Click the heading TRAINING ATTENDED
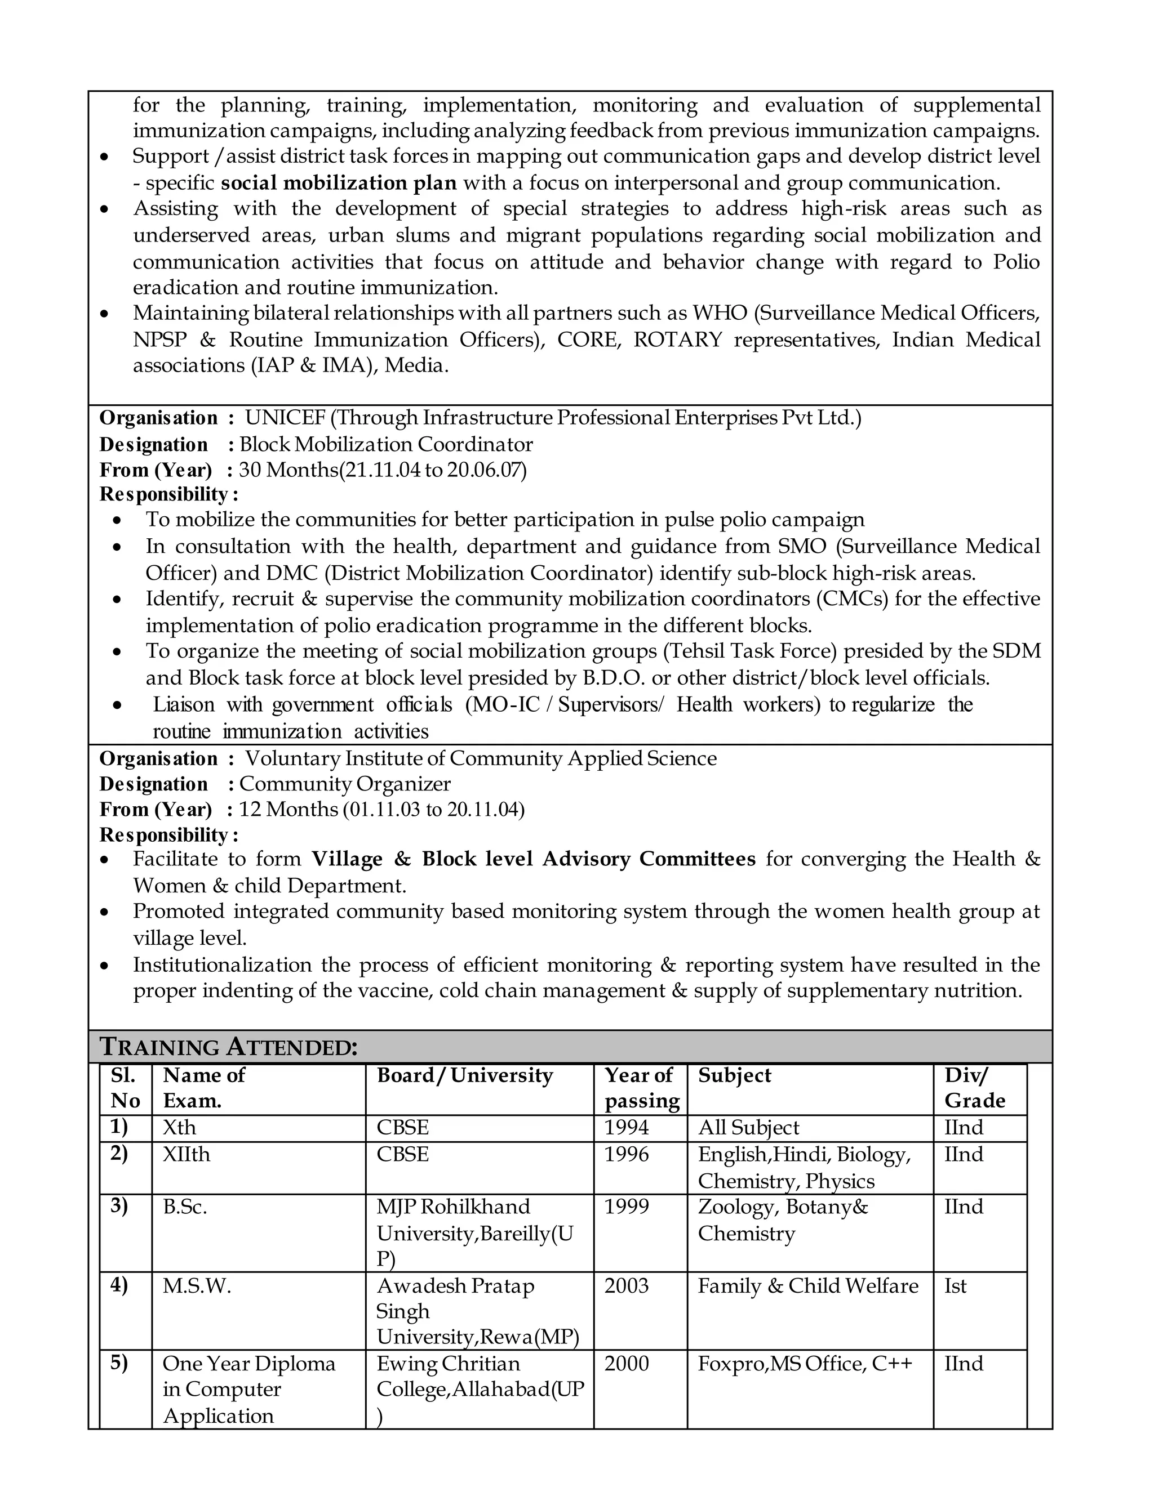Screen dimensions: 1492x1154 (x=228, y=1047)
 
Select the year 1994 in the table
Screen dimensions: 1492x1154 (x=626, y=1128)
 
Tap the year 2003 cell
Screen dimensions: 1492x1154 (x=626, y=1286)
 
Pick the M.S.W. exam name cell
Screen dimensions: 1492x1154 (x=197, y=1286)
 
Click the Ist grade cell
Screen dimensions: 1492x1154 (x=955, y=1286)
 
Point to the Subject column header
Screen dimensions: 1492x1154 (x=734, y=1075)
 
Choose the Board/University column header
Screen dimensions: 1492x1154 (x=464, y=1075)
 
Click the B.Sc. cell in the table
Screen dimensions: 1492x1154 (x=185, y=1207)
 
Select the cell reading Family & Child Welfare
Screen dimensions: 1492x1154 (x=807, y=1286)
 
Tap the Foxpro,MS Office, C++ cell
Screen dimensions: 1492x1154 (x=805, y=1364)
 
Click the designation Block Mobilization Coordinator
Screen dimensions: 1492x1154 (x=385, y=445)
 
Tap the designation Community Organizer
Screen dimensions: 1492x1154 (x=344, y=784)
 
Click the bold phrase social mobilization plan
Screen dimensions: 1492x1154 (x=339, y=183)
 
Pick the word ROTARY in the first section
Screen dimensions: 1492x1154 (x=677, y=340)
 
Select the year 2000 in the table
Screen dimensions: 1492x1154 (x=626, y=1364)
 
